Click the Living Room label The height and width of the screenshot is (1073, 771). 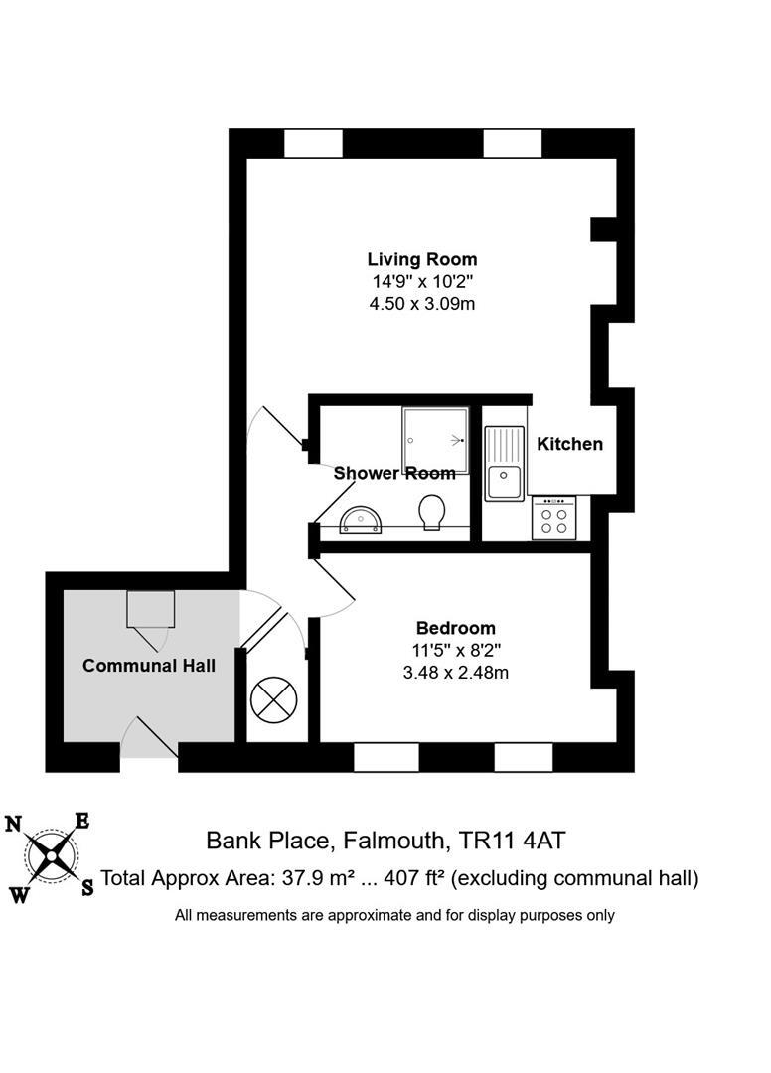click(x=421, y=260)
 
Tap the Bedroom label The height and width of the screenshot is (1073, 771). click(x=455, y=628)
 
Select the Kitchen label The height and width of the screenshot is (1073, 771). click(x=569, y=444)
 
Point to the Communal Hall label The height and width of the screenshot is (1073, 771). click(x=149, y=665)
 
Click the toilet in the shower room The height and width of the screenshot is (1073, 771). click(x=432, y=512)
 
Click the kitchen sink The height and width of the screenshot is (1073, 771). click(x=505, y=463)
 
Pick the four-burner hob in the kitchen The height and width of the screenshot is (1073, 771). click(x=554, y=518)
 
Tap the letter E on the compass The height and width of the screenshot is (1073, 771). click(x=83, y=821)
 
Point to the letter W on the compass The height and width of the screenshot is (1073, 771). click(x=19, y=894)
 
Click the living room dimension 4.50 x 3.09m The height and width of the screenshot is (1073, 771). click(x=421, y=303)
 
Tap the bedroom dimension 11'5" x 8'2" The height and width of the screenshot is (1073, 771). click(x=455, y=651)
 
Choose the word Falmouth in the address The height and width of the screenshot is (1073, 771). click(x=394, y=841)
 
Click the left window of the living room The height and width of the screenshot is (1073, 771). click(x=313, y=143)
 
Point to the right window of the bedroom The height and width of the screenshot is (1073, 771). click(x=524, y=758)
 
